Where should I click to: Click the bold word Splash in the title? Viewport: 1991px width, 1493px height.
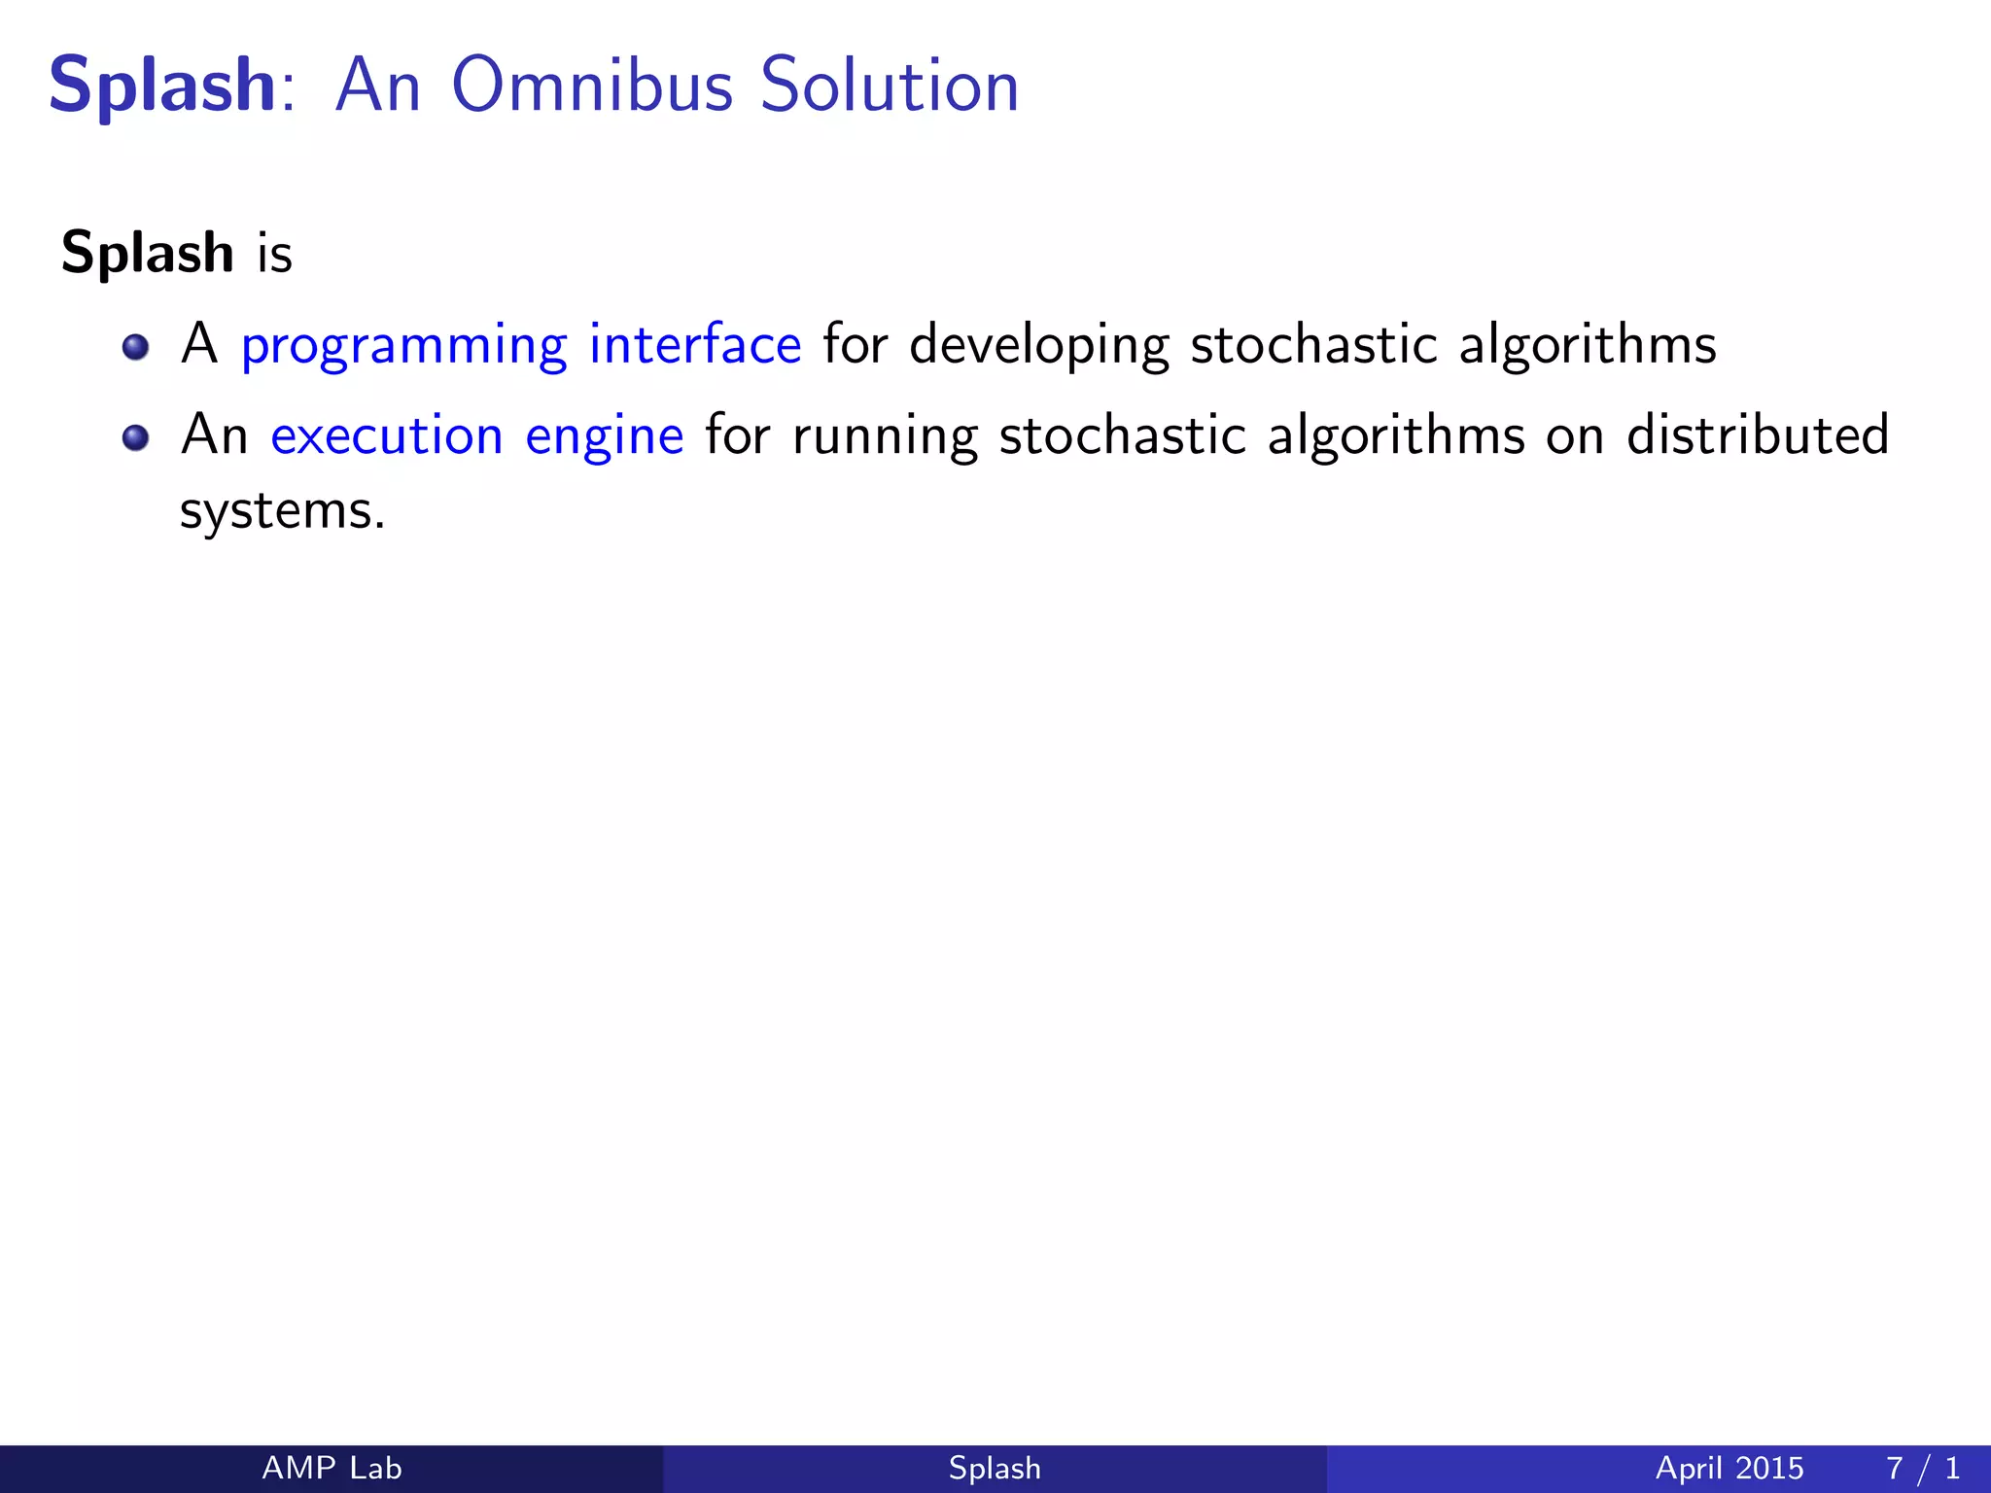163,86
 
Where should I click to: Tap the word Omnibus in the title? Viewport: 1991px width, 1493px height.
591,86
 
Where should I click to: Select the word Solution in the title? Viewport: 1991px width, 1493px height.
889,86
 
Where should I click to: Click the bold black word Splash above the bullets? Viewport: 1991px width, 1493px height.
148,253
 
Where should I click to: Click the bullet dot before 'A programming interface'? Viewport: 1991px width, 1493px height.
136,347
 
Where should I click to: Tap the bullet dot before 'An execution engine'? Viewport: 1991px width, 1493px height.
136,437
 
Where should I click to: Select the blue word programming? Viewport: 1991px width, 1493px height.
403,346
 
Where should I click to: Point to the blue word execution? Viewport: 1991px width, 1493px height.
386,435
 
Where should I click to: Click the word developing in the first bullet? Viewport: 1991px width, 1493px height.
1038,346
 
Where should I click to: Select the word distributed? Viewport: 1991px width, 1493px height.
1758,434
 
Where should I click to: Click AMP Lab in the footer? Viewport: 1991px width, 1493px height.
332,1468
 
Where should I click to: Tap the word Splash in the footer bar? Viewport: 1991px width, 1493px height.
995,1468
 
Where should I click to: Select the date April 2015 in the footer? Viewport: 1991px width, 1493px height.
1729,1468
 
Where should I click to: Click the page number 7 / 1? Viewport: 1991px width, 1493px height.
1922,1468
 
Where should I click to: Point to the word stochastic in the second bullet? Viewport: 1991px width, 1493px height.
1122,435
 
